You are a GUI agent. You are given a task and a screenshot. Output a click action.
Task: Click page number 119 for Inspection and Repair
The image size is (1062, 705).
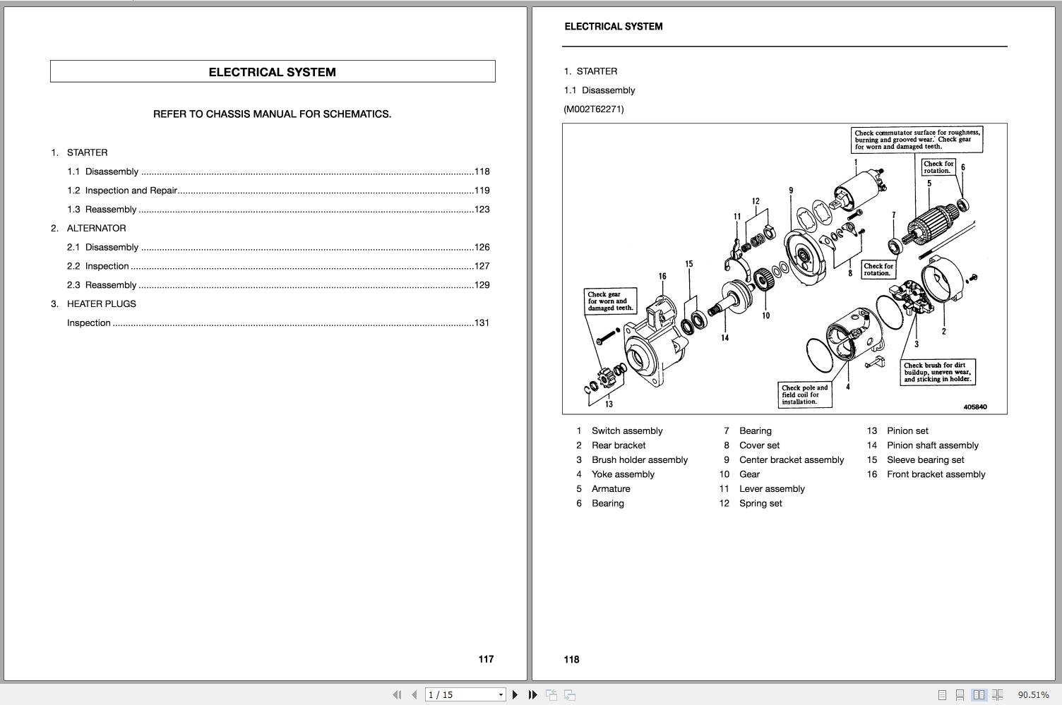[482, 191]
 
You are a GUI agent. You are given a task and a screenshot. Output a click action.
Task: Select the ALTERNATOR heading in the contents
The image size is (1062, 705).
[96, 229]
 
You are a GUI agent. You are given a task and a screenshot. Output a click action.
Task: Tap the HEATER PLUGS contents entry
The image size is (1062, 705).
[101, 304]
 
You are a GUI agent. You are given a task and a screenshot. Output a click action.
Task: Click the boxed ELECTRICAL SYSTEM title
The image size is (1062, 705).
[273, 72]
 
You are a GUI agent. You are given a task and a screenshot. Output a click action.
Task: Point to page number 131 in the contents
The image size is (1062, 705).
[482, 323]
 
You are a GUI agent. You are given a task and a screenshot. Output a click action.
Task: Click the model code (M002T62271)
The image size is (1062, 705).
[594, 109]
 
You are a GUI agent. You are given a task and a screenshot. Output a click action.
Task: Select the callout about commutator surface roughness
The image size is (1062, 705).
[917, 140]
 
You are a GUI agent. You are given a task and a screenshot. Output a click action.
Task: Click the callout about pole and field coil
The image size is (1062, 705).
[805, 395]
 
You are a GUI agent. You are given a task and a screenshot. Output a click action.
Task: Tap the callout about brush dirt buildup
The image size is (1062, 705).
[938, 373]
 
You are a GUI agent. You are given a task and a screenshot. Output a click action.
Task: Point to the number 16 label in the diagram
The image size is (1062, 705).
[662, 277]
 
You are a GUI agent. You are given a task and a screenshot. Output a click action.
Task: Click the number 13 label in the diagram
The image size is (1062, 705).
[609, 404]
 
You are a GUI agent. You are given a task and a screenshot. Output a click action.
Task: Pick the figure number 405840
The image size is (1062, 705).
[975, 407]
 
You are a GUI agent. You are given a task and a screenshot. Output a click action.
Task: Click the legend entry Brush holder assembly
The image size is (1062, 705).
[639, 460]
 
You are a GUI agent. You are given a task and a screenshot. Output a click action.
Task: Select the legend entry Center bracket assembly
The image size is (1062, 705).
[791, 460]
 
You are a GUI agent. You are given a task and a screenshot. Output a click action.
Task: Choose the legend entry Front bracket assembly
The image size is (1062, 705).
[936, 475]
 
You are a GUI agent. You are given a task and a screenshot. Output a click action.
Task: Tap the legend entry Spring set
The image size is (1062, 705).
[760, 504]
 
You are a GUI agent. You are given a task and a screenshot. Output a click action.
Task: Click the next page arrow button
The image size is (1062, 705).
[515, 695]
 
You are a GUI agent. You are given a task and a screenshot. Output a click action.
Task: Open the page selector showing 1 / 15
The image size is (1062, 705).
[465, 695]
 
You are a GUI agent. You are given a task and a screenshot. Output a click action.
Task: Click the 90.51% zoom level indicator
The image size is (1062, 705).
[1033, 695]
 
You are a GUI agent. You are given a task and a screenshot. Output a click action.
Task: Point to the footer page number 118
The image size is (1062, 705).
[571, 660]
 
